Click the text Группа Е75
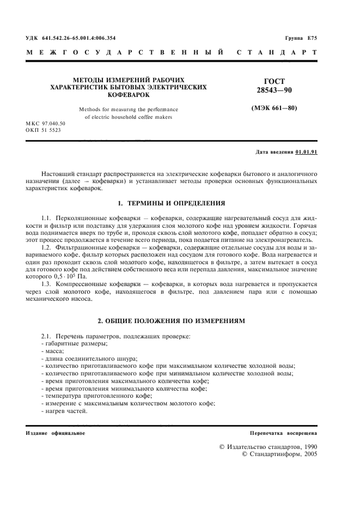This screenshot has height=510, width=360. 301,38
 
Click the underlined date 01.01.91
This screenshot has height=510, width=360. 306,151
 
